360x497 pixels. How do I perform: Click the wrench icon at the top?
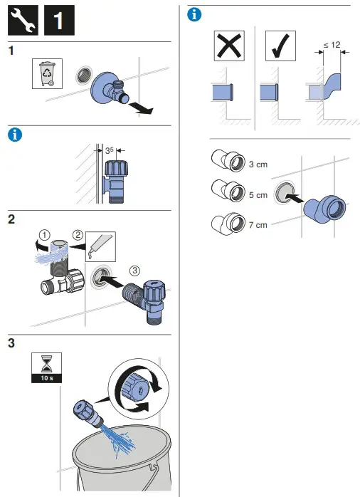[x=23, y=20]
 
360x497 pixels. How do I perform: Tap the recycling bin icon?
[x=47, y=73]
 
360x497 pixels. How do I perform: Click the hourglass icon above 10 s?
[x=46, y=363]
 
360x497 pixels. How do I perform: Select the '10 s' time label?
[x=46, y=378]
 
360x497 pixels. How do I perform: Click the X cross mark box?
[x=229, y=46]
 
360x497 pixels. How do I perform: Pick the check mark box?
[x=280, y=46]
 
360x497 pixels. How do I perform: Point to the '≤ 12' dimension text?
[x=332, y=45]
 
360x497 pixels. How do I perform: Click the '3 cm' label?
[x=258, y=164]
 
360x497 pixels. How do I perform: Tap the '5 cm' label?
[x=258, y=195]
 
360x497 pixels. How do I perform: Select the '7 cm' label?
[x=258, y=225]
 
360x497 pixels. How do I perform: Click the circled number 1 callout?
[x=45, y=235]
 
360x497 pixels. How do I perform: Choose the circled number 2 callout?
[x=78, y=235]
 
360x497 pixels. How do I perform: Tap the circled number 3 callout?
[x=135, y=271]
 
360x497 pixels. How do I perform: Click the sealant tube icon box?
[x=100, y=246]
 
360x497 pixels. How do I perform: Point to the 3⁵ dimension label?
[x=109, y=150]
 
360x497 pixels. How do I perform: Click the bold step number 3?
[x=11, y=343]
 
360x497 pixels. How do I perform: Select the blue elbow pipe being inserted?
[x=325, y=209]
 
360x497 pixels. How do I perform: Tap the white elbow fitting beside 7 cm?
[x=228, y=224]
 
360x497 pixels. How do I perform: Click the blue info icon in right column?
[x=194, y=14]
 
